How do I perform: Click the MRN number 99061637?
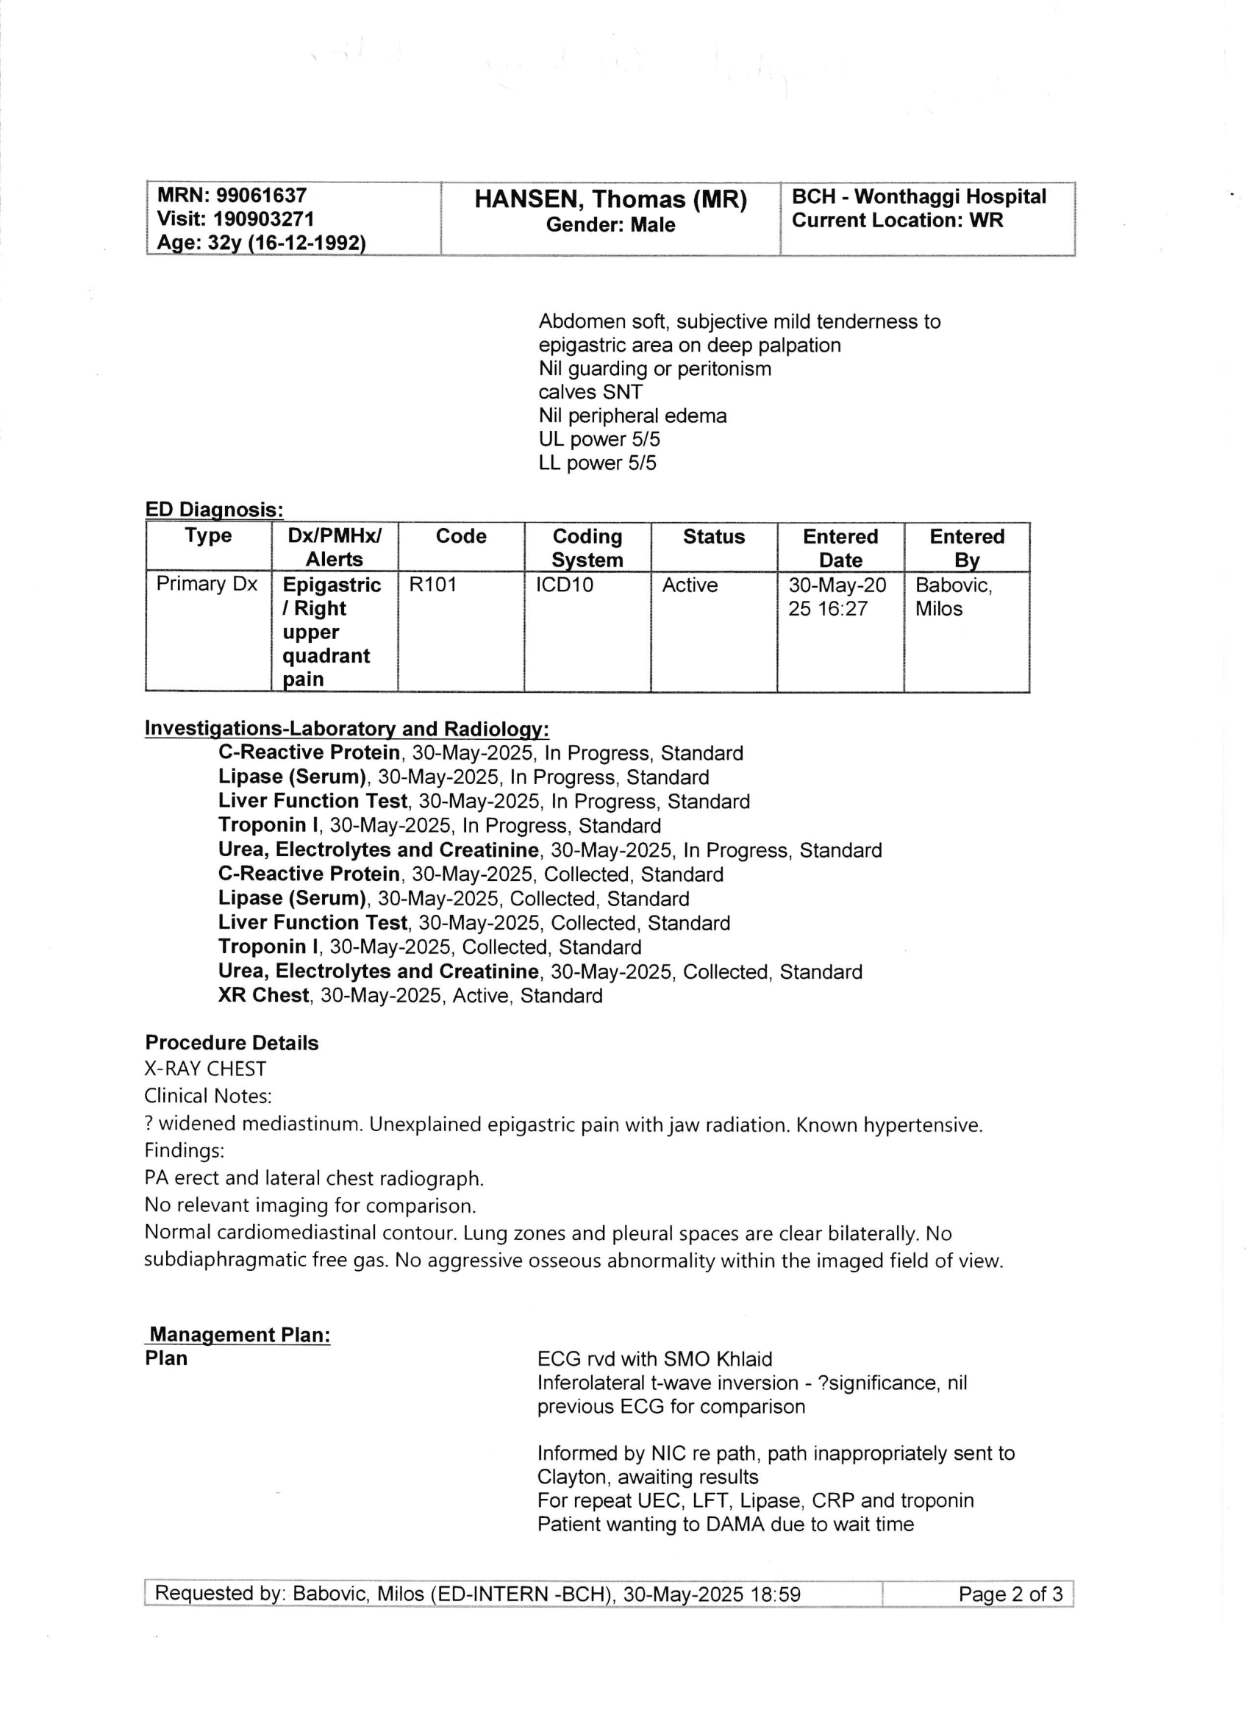click(261, 196)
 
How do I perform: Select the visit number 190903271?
click(263, 220)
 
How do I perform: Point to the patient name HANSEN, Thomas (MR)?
click(610, 199)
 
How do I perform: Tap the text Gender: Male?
click(610, 225)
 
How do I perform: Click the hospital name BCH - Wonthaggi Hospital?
click(918, 197)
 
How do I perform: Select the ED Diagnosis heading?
click(214, 510)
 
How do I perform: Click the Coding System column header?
click(587, 548)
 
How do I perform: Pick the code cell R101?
click(432, 585)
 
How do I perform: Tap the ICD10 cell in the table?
click(564, 585)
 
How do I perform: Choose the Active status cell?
click(690, 585)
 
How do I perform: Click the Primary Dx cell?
click(207, 584)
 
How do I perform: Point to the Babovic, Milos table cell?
click(953, 597)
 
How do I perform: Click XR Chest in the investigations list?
click(263, 995)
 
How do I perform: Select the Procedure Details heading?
click(232, 1043)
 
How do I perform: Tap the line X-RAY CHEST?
click(205, 1069)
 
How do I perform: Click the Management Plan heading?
click(239, 1335)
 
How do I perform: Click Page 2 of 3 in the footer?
click(1010, 1594)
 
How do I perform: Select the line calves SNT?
click(590, 393)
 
